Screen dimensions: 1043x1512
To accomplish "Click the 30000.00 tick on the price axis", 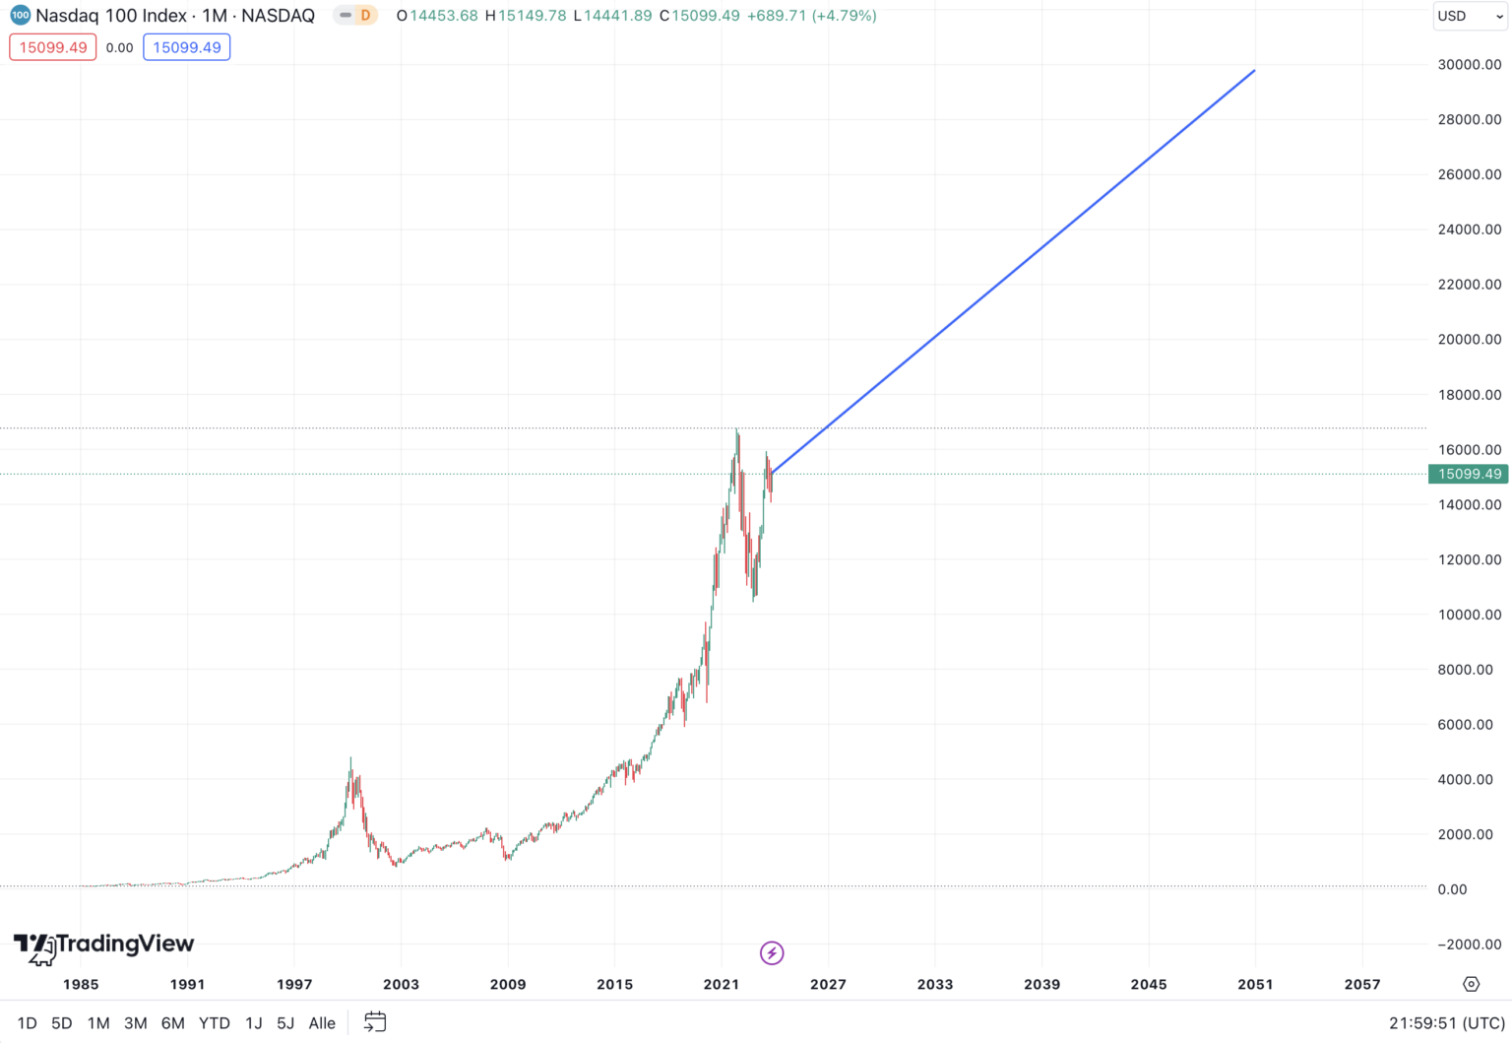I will [x=1469, y=65].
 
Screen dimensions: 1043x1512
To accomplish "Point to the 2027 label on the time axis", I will [x=828, y=984].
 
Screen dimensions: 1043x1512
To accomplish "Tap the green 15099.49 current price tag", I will [x=1469, y=474].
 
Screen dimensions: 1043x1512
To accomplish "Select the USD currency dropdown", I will [x=1469, y=16].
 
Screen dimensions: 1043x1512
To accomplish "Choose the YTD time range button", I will [x=214, y=1023].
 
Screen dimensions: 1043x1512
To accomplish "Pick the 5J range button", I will [x=285, y=1023].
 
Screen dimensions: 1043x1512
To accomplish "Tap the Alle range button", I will [x=322, y=1023].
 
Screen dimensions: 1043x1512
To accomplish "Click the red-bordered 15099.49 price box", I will [x=53, y=47].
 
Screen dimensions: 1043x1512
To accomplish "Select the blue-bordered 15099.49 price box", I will [x=187, y=47].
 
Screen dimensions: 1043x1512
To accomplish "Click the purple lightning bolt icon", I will [x=772, y=952].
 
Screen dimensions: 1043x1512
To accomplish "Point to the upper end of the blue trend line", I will [x=1254, y=70].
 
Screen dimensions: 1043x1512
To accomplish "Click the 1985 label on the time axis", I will [x=81, y=984].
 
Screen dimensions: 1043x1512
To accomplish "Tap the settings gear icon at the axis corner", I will [x=1472, y=984].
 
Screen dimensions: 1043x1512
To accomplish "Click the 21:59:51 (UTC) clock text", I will [x=1446, y=1023].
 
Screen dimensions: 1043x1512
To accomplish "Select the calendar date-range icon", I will [x=375, y=1022].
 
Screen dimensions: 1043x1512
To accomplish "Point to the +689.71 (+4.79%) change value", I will [x=811, y=16].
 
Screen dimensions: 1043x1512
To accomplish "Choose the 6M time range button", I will [x=172, y=1023].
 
